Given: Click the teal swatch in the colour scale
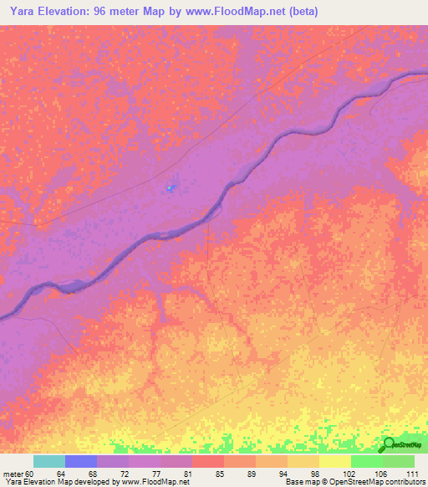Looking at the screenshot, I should (49, 461).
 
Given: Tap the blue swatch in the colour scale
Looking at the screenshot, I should (81, 461).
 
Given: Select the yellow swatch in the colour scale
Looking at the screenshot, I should (335, 461).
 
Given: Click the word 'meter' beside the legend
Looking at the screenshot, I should (13, 474).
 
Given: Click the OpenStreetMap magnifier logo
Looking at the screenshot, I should (389, 444).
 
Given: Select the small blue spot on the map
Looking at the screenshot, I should (171, 188).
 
